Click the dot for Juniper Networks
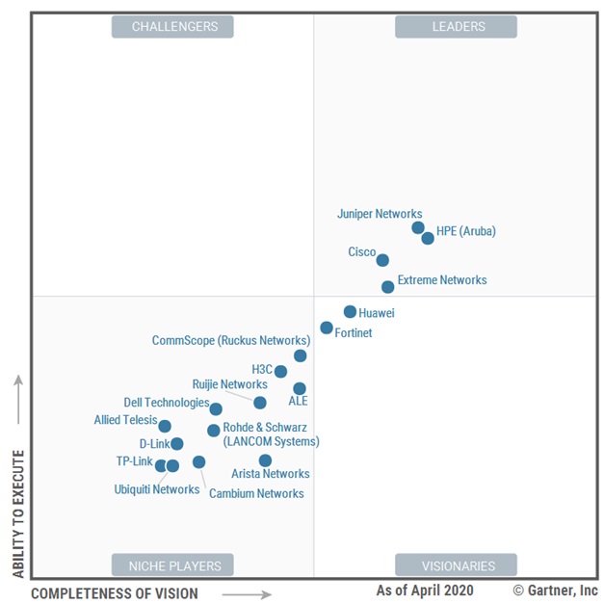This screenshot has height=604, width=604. (x=418, y=228)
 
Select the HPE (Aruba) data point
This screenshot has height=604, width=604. (x=428, y=238)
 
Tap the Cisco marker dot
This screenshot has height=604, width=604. (x=382, y=260)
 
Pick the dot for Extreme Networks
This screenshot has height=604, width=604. (x=387, y=287)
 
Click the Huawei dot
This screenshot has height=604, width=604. (x=350, y=312)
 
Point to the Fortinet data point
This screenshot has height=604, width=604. (x=327, y=328)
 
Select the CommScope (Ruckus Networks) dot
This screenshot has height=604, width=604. (x=301, y=355)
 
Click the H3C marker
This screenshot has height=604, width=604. (x=280, y=372)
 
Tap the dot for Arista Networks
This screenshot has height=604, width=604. (x=265, y=460)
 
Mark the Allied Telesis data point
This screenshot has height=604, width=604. (x=165, y=426)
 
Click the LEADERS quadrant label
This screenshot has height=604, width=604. (x=456, y=27)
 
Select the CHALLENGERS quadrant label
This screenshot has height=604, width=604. (x=173, y=27)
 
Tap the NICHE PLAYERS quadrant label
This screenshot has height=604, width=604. (x=173, y=565)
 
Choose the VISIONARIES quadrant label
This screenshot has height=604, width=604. (x=456, y=565)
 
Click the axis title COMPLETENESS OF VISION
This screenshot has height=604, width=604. (x=114, y=593)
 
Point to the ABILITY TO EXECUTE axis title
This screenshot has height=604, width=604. (x=18, y=510)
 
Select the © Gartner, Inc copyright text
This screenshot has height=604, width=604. (x=555, y=590)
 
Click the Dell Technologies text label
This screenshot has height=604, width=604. (x=166, y=403)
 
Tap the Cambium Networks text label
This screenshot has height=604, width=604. (x=256, y=493)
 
